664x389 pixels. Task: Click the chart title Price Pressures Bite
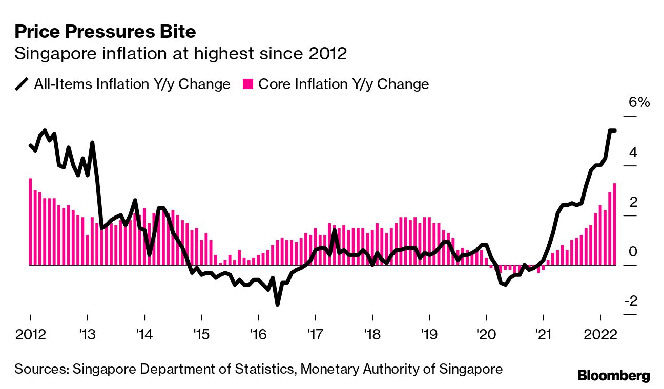[x=105, y=32]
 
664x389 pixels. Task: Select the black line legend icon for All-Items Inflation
[x=22, y=84]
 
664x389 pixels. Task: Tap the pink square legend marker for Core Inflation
[x=249, y=84]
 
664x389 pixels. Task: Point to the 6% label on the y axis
[x=639, y=102]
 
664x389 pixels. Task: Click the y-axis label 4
[x=633, y=152]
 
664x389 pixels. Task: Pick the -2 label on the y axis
[x=631, y=300]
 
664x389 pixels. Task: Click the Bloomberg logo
[x=613, y=375]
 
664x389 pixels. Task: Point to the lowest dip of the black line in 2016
[x=278, y=304]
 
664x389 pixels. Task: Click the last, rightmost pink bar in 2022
[x=614, y=224]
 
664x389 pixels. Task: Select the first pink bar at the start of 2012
[x=30, y=222]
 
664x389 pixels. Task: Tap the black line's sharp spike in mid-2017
[x=335, y=231]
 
